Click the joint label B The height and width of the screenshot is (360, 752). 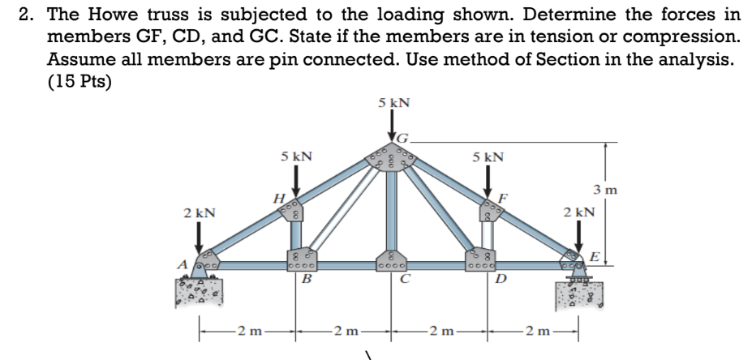coord(306,280)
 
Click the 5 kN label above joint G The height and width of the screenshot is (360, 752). coord(393,103)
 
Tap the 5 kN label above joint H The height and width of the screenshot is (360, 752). coord(297,154)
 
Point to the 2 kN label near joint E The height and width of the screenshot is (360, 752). coord(578,212)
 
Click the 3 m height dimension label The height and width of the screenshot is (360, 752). coord(606,191)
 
